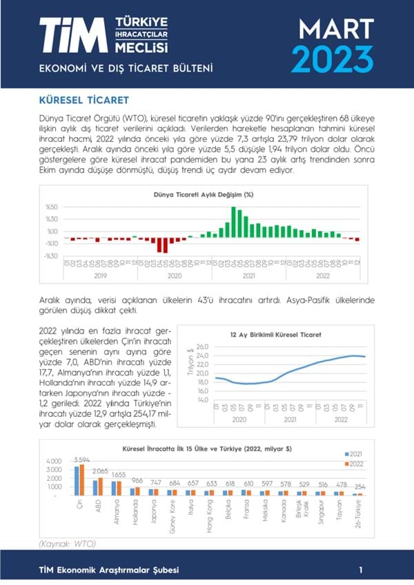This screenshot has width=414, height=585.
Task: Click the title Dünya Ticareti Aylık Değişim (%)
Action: click(x=203, y=195)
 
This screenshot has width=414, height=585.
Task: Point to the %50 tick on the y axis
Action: click(x=51, y=207)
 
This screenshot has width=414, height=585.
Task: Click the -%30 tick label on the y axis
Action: click(x=51, y=256)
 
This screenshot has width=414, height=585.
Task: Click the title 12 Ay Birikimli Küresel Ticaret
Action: click(x=282, y=335)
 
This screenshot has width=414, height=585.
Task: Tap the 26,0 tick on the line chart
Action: click(x=202, y=347)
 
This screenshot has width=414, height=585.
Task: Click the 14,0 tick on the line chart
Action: click(x=202, y=399)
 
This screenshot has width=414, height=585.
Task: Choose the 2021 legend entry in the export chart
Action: click(x=354, y=454)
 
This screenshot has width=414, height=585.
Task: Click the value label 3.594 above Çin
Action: click(x=82, y=460)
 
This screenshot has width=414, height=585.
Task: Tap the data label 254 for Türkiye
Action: click(x=359, y=486)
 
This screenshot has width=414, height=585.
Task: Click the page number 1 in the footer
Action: click(x=361, y=570)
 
